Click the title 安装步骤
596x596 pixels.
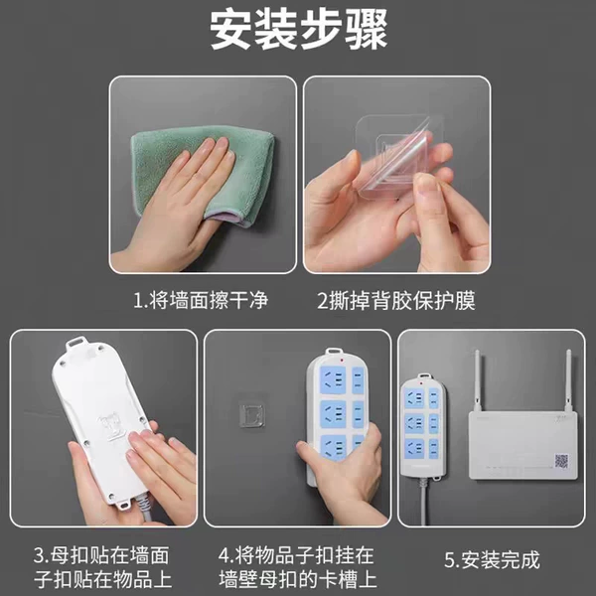(x=298, y=30)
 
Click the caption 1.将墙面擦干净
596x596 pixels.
(x=201, y=300)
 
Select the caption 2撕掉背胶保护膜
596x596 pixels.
(x=396, y=301)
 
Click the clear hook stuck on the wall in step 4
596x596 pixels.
(x=251, y=416)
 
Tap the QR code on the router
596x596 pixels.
(x=561, y=461)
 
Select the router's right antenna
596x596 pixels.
(x=569, y=380)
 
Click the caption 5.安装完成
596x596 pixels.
(x=492, y=559)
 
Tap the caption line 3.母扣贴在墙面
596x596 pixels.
(x=101, y=555)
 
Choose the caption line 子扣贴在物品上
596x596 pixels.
(x=102, y=580)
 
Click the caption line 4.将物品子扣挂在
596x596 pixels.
(x=296, y=555)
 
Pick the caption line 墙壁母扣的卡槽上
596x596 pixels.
(x=298, y=580)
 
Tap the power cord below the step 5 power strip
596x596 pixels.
(x=423, y=501)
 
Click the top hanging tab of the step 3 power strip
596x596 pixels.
(x=76, y=344)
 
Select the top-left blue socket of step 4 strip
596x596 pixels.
(x=333, y=380)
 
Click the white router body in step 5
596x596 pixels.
(x=523, y=445)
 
